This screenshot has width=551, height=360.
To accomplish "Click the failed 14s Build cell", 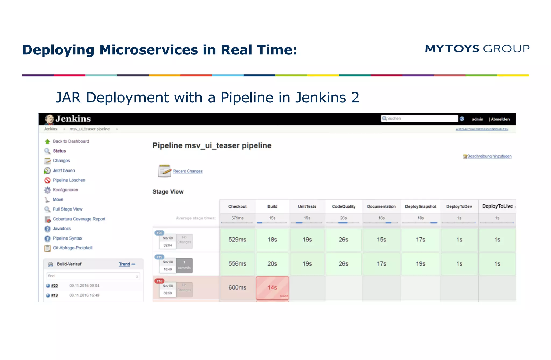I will (x=272, y=288).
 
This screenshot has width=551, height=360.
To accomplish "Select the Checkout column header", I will (x=237, y=206).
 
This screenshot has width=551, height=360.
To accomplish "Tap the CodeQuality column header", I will (x=343, y=206).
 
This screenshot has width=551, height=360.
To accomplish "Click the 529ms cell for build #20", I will (x=237, y=240).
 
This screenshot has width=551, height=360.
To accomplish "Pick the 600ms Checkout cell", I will (x=237, y=287).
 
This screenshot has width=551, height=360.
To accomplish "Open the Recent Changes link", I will (x=188, y=171).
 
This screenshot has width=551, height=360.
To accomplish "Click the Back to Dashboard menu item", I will (x=71, y=141).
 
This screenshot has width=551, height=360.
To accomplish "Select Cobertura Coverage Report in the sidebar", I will (x=79, y=219).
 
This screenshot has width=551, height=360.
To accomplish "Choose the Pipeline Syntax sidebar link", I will (x=67, y=238).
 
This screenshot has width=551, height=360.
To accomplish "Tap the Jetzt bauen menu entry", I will (x=64, y=170).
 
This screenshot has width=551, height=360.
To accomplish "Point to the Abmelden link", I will (x=500, y=119).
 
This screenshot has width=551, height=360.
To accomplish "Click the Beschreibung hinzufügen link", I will (x=489, y=156).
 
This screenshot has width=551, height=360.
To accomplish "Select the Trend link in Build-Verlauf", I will (x=125, y=264).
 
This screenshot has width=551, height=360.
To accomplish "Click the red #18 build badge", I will (x=159, y=281).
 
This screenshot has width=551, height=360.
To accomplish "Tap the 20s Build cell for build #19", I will (x=272, y=264).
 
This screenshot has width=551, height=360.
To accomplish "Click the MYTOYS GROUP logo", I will (x=477, y=49).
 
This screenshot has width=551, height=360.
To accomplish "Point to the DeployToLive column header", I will (x=497, y=206).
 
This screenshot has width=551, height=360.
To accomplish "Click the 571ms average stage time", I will (x=237, y=218).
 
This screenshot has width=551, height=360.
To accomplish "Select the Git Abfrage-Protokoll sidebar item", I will (x=72, y=248).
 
